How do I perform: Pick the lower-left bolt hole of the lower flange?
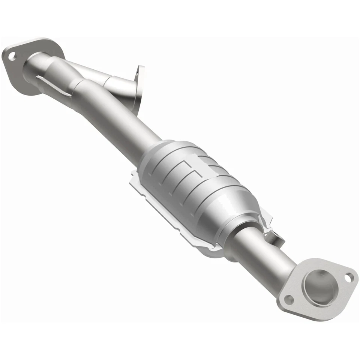(x=288, y=299)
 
